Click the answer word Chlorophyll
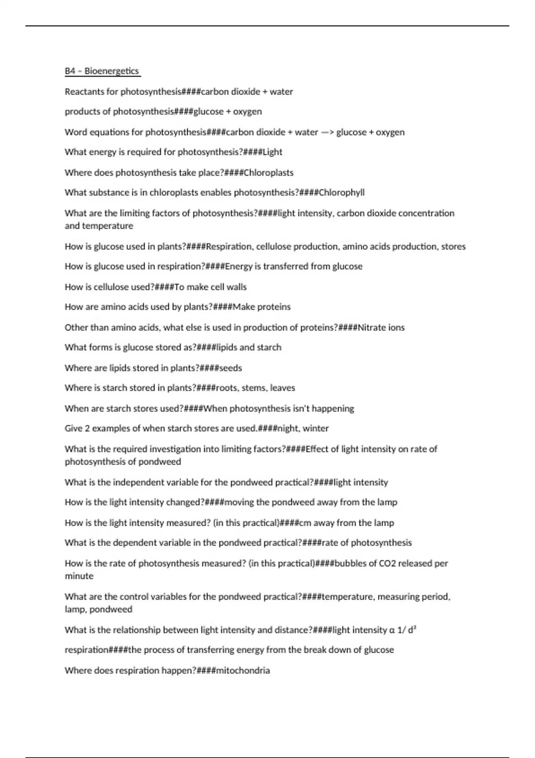click(x=342, y=193)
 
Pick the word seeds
click(x=230, y=368)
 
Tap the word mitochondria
click(x=243, y=671)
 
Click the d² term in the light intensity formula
click(x=412, y=630)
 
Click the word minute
click(x=79, y=576)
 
